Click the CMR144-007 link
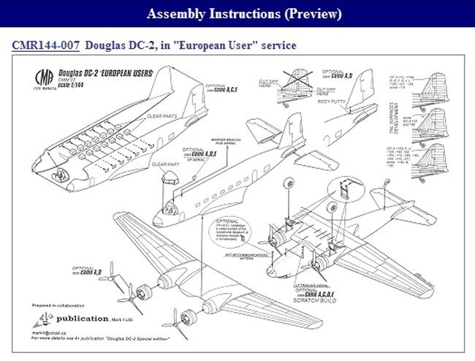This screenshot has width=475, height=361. tap(45, 45)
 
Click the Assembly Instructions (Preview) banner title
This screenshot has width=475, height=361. tap(244, 14)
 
